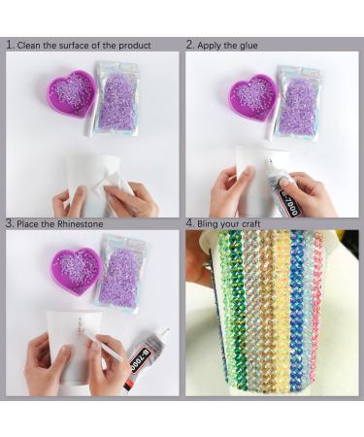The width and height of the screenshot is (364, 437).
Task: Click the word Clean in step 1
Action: click(x=30, y=45)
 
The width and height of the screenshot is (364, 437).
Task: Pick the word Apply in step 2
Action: click(x=210, y=45)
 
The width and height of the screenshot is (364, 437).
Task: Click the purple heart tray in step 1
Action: click(x=73, y=91)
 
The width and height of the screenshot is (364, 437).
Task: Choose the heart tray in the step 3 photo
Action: click(x=75, y=269)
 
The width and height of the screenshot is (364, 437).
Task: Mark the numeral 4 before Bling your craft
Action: click(x=190, y=222)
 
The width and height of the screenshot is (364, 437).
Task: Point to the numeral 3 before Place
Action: click(x=9, y=222)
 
